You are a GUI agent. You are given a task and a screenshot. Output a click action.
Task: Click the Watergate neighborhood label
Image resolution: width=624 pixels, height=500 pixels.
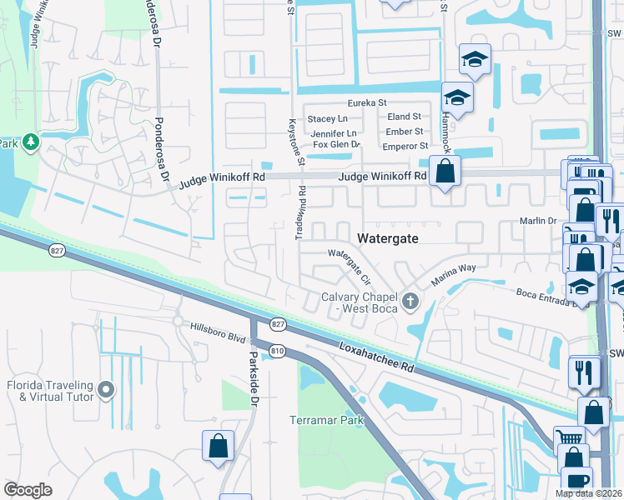(387, 238)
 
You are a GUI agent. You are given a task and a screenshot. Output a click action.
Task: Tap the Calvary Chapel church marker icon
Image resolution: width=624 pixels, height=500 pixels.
(409, 300)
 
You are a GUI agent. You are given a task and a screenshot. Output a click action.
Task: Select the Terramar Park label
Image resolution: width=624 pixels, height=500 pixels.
(327, 420)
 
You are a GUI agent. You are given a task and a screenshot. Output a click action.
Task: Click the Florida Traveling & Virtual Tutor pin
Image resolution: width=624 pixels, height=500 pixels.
(106, 389)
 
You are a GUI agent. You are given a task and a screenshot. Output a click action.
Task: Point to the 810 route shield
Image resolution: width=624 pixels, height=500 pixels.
(277, 351)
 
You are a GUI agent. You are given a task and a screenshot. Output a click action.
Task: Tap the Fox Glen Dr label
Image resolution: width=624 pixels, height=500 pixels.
(336, 145)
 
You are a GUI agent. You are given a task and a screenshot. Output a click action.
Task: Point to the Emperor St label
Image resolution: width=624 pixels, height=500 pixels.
(405, 147)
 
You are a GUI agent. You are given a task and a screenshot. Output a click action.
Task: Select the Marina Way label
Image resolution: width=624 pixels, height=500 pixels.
(454, 275)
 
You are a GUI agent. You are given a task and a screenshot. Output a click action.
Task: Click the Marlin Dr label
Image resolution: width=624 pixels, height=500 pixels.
(539, 221)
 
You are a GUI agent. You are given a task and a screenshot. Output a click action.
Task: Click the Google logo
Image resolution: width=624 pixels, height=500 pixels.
(28, 489)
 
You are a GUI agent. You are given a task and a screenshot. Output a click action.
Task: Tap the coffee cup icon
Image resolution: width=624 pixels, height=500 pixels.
(576, 481)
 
